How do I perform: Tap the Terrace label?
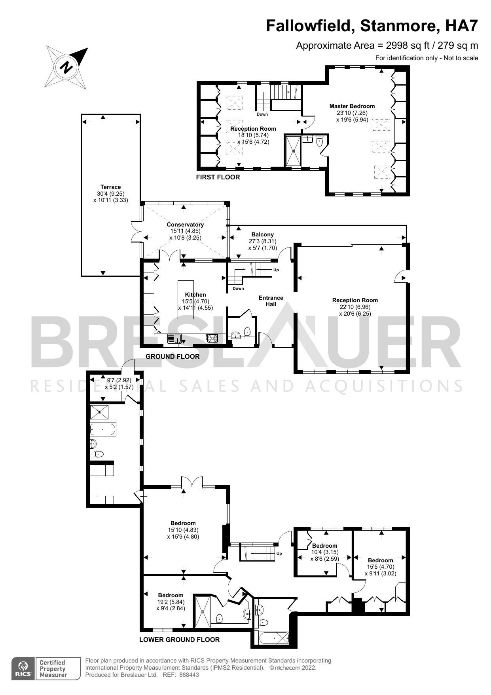click(x=110, y=187)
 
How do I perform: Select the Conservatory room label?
click(x=185, y=225)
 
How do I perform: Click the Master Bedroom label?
click(x=352, y=106)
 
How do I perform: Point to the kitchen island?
click(x=186, y=299)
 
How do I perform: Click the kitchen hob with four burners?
click(x=212, y=338)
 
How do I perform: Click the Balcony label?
click(x=262, y=234)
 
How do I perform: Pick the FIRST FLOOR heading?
click(x=218, y=177)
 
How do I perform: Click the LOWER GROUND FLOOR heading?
click(x=179, y=640)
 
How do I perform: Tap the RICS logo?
click(x=23, y=669)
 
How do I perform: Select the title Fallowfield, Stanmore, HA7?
click(x=372, y=26)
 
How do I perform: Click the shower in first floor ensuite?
click(x=294, y=150)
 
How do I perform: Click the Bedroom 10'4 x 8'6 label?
click(x=324, y=545)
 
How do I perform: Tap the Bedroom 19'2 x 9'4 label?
click(x=171, y=595)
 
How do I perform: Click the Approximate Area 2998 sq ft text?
click(x=387, y=46)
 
